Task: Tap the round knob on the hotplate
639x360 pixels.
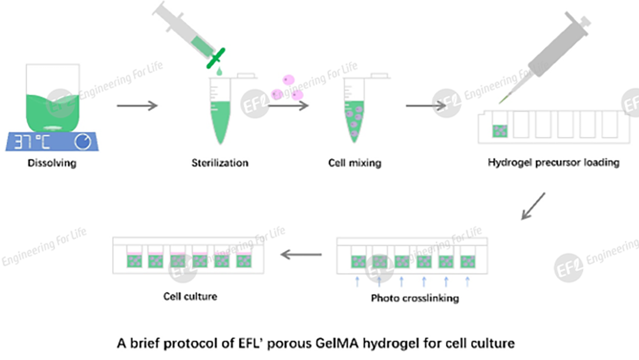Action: click(82, 142)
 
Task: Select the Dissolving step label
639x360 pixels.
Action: click(52, 163)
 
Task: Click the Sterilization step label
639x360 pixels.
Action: click(220, 163)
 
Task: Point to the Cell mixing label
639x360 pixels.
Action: click(354, 163)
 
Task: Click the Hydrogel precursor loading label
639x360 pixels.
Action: click(553, 163)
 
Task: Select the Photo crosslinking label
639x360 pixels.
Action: click(415, 298)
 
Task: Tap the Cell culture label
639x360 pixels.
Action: click(190, 296)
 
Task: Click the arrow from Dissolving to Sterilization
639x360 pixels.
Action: click(137, 106)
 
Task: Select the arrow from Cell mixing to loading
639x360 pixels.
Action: click(425, 106)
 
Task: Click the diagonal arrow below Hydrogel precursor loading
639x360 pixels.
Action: click(533, 206)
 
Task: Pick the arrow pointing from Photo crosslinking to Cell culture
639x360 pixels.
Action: click(302, 254)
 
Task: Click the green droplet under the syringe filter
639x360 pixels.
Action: click(218, 72)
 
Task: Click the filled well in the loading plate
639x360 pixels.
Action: click(499, 131)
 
